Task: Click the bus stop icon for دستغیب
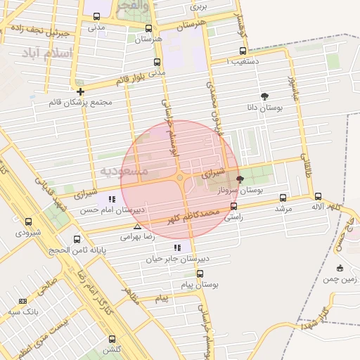pos(243,51)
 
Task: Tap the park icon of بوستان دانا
pos(265,96)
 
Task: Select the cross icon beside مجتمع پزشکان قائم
pos(81,91)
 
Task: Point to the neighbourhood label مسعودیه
pos(124,171)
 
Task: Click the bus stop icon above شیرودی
pos(28,221)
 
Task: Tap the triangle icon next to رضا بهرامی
pos(137,226)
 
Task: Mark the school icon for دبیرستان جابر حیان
pos(176,247)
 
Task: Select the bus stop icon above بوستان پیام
pos(200,274)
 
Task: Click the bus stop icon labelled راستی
pos(234,207)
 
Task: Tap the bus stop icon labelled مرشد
pos(283,198)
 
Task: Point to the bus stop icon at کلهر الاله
pos(318,197)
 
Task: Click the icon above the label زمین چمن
pos(340,268)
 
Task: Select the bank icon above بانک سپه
pos(23,300)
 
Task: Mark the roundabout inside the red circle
pos(180,178)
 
